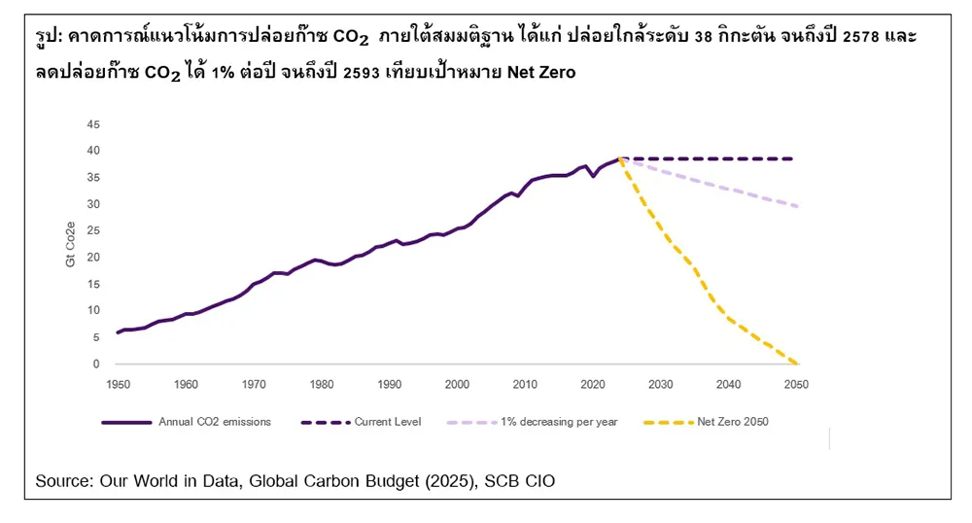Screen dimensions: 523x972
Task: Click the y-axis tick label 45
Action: [x=94, y=124]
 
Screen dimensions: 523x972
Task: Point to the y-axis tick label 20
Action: [x=94, y=258]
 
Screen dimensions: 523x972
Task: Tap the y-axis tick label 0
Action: [x=96, y=365]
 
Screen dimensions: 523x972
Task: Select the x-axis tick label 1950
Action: [x=118, y=385]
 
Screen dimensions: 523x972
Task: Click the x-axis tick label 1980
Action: [x=322, y=385]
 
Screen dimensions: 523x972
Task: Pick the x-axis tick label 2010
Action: [x=525, y=385]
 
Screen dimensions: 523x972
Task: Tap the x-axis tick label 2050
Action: [x=796, y=385]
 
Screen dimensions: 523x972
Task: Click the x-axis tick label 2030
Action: [x=661, y=385]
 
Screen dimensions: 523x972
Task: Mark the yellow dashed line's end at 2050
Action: [x=797, y=364]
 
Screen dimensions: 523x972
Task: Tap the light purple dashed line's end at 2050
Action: [x=797, y=206]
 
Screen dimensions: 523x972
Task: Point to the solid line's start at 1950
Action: [x=118, y=332]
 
